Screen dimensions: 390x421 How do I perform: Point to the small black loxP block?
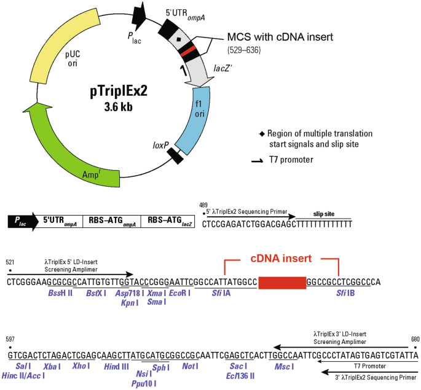tap(176, 156)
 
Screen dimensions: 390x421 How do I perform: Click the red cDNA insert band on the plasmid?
tap(187, 50)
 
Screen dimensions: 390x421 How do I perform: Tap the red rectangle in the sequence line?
tap(282, 282)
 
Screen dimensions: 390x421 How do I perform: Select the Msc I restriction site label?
tap(283, 366)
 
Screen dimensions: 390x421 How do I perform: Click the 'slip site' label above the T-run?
tap(324, 214)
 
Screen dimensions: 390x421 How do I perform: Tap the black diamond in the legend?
tap(262, 133)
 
